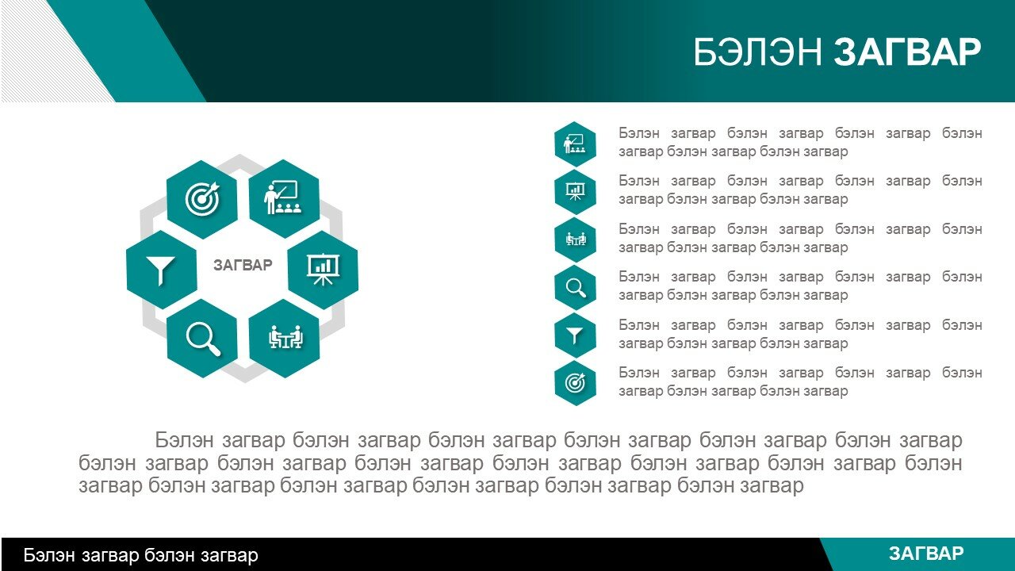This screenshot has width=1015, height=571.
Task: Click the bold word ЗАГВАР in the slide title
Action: point(908,52)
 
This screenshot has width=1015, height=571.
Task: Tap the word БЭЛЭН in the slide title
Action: point(757,52)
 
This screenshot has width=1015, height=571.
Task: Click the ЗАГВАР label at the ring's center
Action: point(243,265)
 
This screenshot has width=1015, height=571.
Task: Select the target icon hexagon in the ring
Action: point(202,199)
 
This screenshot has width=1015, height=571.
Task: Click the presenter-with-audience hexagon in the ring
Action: point(284,198)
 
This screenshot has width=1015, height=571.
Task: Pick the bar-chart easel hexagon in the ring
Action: point(323,270)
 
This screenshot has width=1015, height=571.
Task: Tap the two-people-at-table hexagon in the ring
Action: point(284,338)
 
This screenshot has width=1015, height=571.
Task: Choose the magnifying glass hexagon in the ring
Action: point(202,338)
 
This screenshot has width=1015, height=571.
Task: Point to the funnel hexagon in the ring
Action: point(162,270)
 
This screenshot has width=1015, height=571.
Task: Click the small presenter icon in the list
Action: point(575,144)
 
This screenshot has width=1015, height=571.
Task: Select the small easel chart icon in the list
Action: point(575,192)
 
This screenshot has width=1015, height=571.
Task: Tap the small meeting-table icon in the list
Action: point(575,240)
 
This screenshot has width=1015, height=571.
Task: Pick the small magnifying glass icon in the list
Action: point(575,288)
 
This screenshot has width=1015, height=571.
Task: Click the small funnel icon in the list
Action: point(575,335)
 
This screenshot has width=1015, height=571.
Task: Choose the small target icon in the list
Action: point(575,383)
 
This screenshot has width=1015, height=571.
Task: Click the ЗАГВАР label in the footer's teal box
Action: point(926,554)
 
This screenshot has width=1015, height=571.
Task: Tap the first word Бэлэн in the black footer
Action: point(49,555)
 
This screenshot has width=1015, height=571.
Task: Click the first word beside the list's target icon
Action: point(639,373)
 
